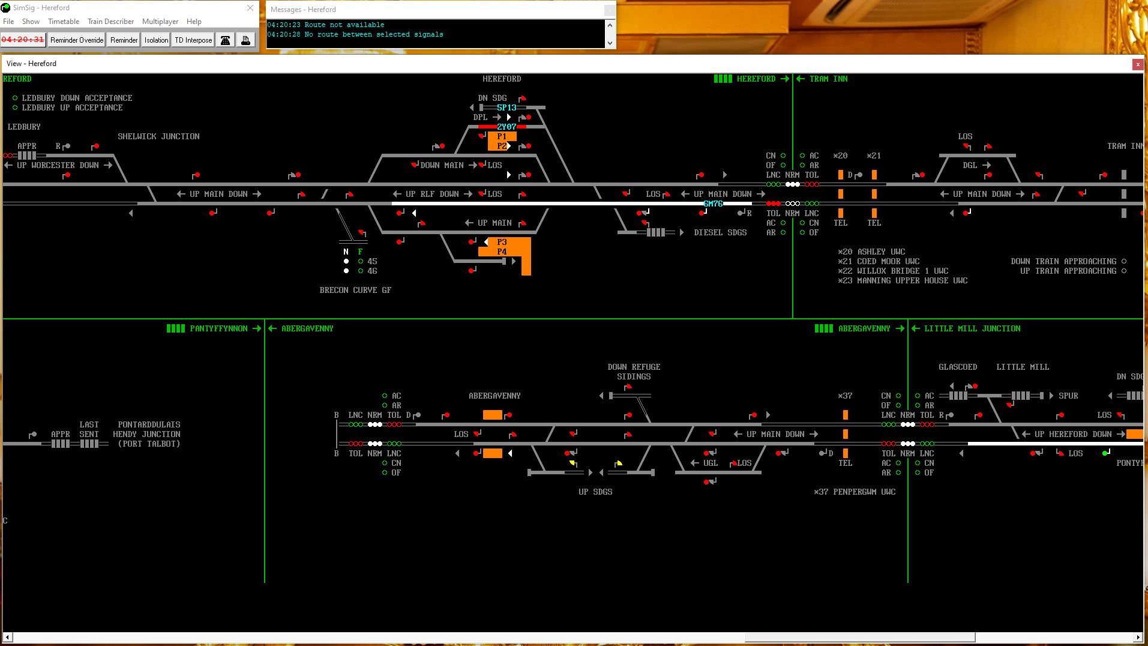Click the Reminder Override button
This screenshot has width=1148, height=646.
click(x=77, y=40)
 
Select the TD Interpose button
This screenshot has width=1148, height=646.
click(x=193, y=40)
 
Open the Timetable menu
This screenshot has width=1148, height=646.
click(x=64, y=22)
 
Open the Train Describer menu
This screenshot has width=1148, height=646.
click(x=111, y=22)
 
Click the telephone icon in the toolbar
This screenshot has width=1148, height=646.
click(x=225, y=40)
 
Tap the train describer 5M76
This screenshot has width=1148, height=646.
click(x=713, y=204)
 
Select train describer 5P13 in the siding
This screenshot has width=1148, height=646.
click(x=506, y=107)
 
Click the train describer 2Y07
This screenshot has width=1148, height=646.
click(x=506, y=127)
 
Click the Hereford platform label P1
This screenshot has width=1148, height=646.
click(x=502, y=136)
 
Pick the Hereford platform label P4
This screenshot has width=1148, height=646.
click(x=502, y=252)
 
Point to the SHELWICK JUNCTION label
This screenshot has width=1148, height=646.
click(x=158, y=136)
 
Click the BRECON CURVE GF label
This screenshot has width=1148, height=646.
click(x=355, y=290)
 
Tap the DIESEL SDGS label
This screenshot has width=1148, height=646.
click(x=720, y=232)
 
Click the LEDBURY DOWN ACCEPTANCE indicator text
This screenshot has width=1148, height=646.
click(x=77, y=98)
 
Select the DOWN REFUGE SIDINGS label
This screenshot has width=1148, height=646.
click(x=634, y=372)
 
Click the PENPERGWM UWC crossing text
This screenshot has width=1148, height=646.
click(x=864, y=492)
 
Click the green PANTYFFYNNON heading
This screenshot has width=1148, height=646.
click(x=218, y=328)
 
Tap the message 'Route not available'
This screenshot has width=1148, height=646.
click(x=344, y=25)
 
